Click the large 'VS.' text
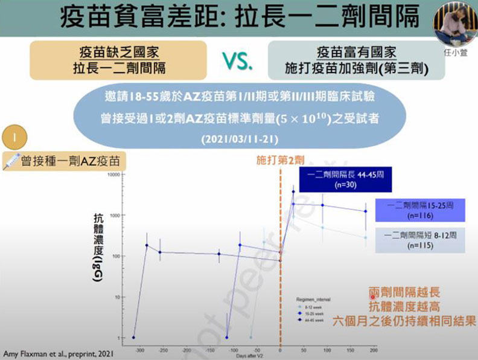click(238, 62)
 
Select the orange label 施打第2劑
click(279, 161)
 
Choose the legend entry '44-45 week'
click(315, 321)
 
